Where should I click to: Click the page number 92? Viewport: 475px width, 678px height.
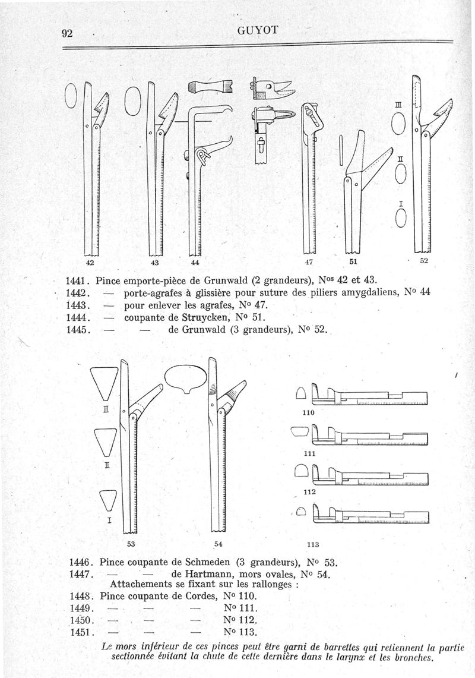(68, 33)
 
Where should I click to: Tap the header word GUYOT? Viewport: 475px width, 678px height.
(258, 30)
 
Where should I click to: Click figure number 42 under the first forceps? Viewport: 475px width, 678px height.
(91, 261)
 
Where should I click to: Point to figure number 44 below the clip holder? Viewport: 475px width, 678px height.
(195, 262)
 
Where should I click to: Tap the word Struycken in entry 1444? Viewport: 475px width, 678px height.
(204, 317)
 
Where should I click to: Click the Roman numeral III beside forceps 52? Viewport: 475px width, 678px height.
(398, 105)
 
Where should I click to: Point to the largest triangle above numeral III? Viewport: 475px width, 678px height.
(104, 383)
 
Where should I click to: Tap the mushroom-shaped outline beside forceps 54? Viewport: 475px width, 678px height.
(186, 380)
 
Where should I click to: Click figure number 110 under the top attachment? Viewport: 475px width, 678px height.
(308, 412)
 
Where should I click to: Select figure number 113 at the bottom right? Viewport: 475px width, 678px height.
(313, 544)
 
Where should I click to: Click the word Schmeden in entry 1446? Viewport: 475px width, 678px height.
(208, 563)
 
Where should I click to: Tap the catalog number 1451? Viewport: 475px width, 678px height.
(81, 632)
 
